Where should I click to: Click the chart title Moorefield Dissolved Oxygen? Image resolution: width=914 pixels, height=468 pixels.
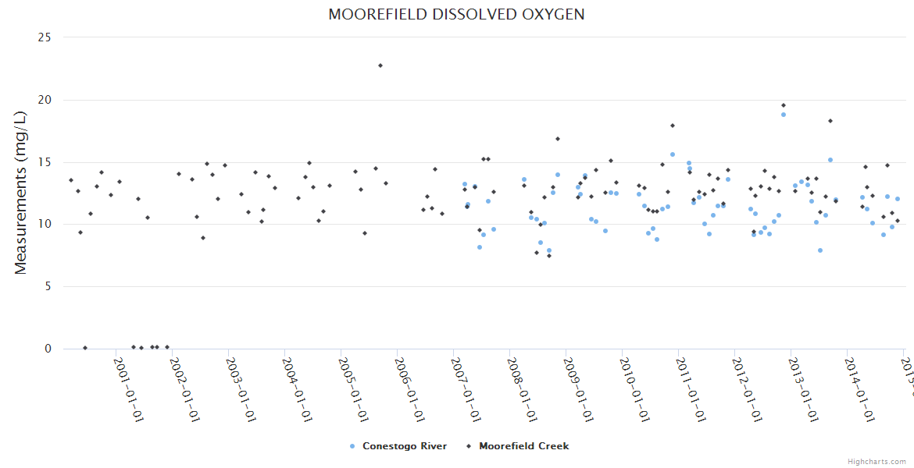tap(456, 15)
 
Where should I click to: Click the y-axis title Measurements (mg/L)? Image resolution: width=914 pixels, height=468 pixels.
tap(21, 193)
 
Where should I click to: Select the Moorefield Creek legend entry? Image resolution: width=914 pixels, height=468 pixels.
tap(523, 446)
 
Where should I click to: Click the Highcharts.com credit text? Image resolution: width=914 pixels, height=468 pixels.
tap(877, 462)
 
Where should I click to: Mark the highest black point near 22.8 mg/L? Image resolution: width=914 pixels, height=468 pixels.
tap(380, 66)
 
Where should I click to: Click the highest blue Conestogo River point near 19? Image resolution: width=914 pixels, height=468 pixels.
tap(784, 115)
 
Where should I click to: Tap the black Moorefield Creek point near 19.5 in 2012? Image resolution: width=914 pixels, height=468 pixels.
tap(784, 105)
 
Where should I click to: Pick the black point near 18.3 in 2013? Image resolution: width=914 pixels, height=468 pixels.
tap(830, 121)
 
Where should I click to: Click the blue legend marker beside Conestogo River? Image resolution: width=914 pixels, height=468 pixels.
tap(352, 446)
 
